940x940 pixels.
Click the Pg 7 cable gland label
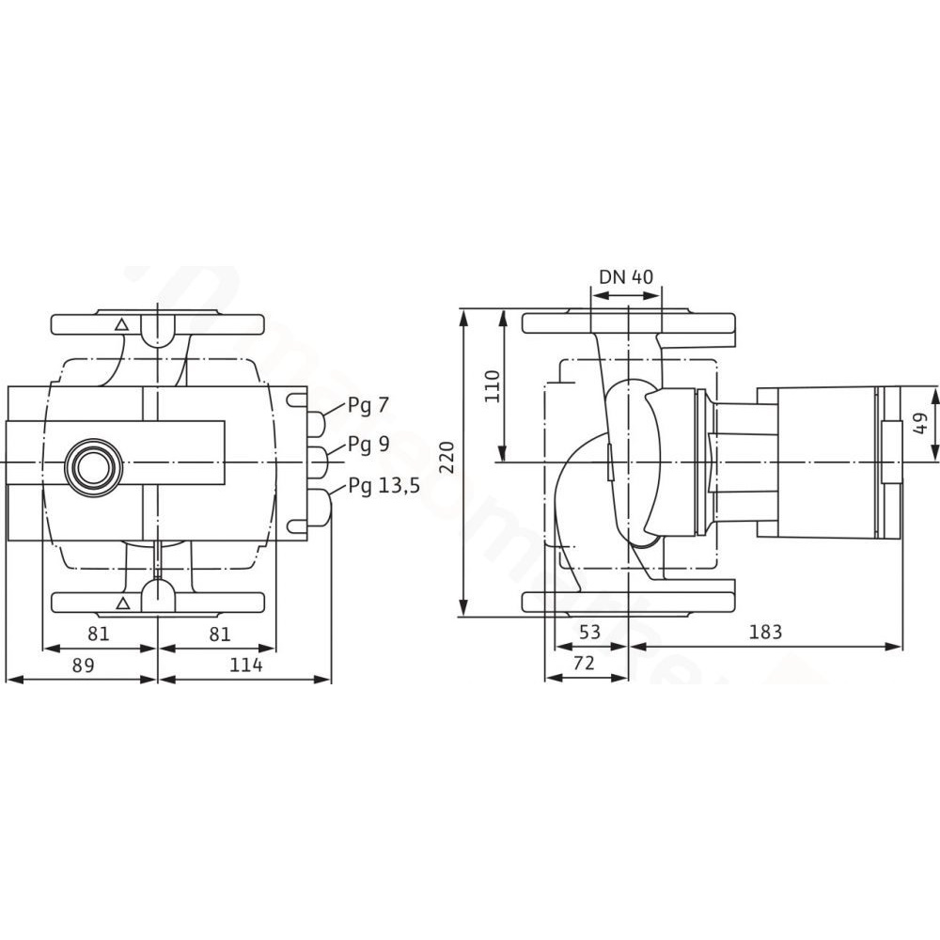pyautogui.click(x=368, y=406)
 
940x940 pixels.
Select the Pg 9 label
pyautogui.click(x=368, y=445)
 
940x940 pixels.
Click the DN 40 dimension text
pyautogui.click(x=626, y=276)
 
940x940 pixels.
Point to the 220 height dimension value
pyautogui.click(x=448, y=457)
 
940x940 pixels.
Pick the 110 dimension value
pyautogui.click(x=493, y=386)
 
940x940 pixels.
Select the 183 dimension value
pyautogui.click(x=765, y=632)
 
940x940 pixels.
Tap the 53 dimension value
pyautogui.click(x=590, y=632)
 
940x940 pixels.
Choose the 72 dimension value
pyautogui.click(x=584, y=663)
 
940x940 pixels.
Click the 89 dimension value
pyautogui.click(x=84, y=665)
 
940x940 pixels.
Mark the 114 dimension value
pyautogui.click(x=245, y=665)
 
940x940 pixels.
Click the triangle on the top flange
pyautogui.click(x=121, y=325)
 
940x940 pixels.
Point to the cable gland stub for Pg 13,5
pyautogui.click(x=321, y=509)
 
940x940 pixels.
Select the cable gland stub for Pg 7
pyautogui.click(x=317, y=423)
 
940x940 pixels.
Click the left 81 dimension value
pyautogui.click(x=99, y=634)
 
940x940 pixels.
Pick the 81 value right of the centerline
pyautogui.click(x=220, y=634)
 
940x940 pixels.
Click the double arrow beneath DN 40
pyautogui.click(x=626, y=295)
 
